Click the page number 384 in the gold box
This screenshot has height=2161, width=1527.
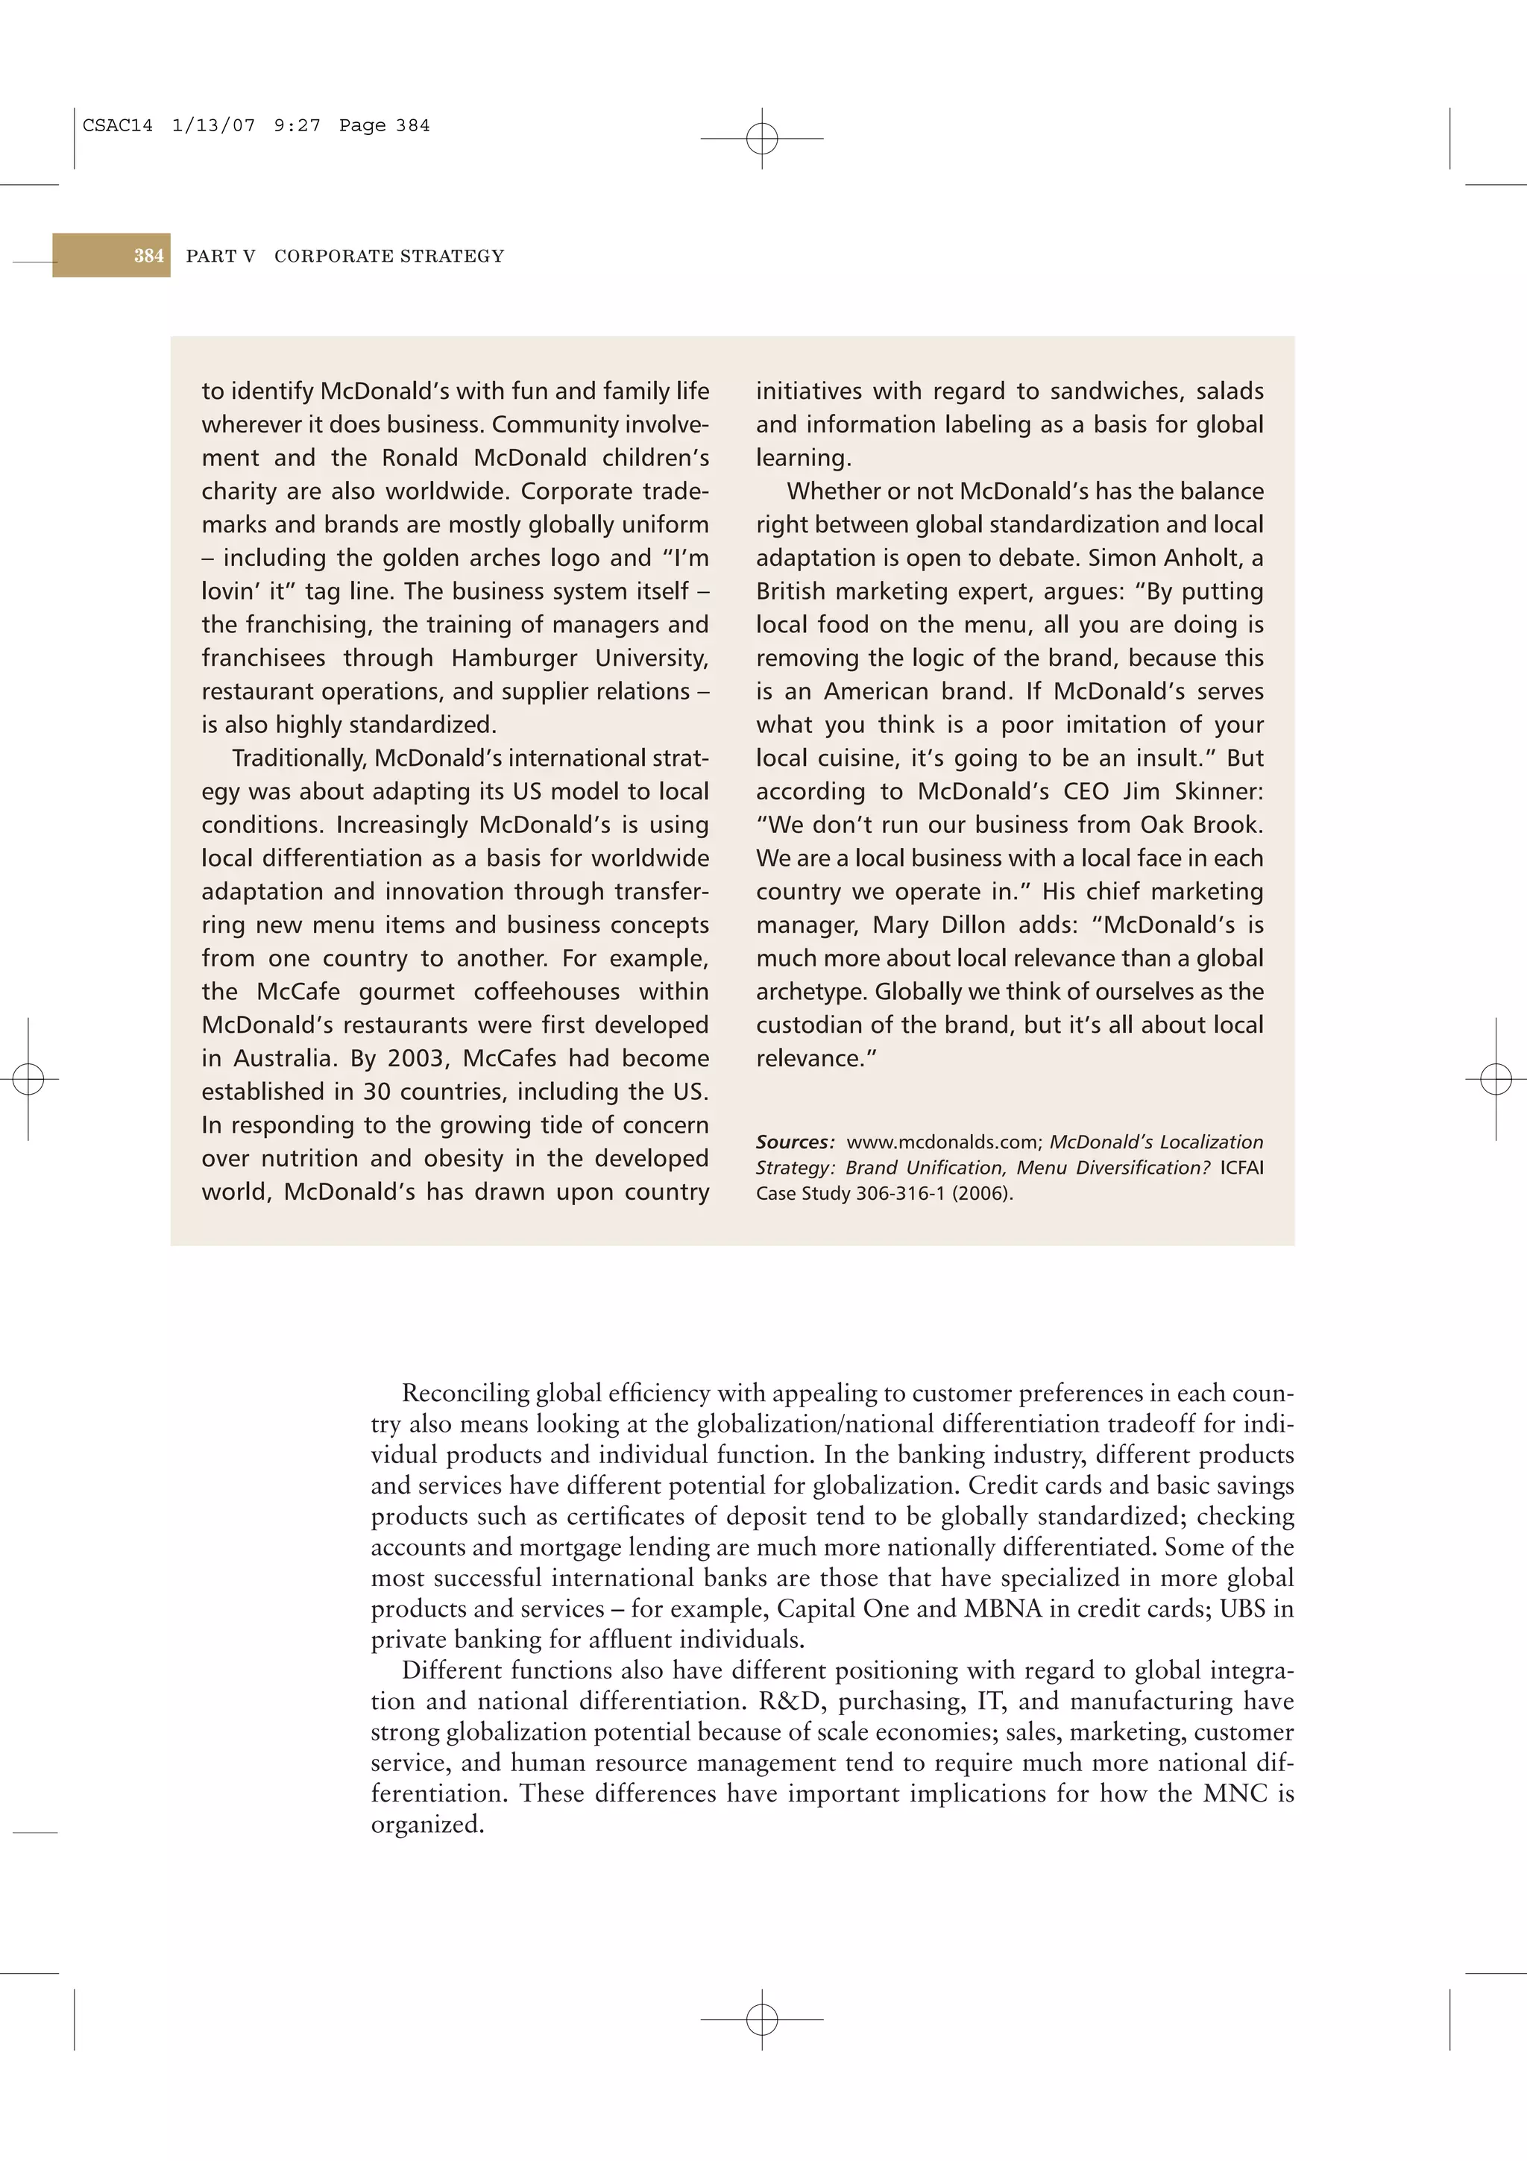(x=148, y=256)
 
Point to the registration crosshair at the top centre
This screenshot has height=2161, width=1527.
(x=762, y=139)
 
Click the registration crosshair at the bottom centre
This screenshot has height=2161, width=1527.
(x=762, y=2019)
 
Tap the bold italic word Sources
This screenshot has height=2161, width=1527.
(x=794, y=1142)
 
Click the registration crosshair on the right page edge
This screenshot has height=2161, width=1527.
(x=1496, y=1078)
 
